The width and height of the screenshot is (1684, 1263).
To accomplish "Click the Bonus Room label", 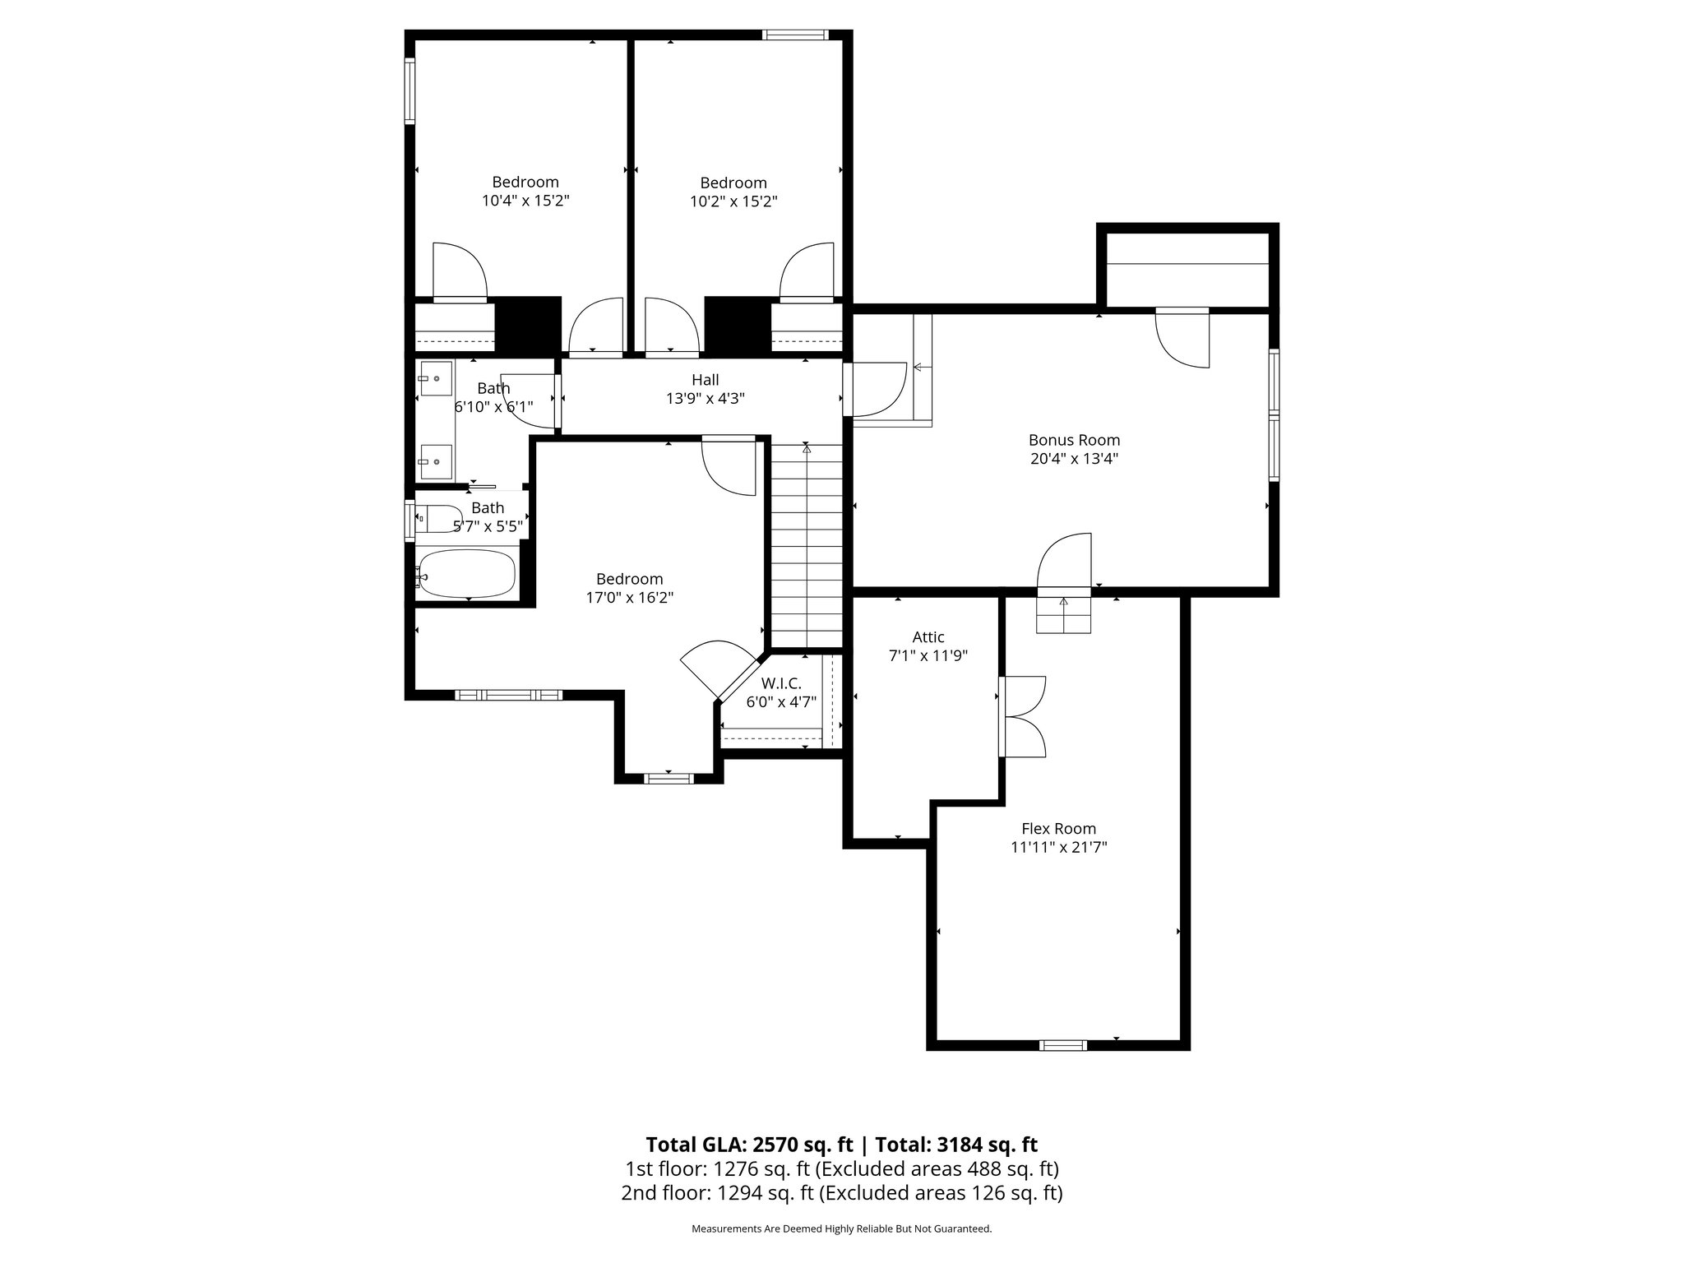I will point(1074,440).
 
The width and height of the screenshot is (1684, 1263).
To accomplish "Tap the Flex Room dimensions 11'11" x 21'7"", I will point(1059,848).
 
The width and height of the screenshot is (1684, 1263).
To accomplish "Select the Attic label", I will point(928,637).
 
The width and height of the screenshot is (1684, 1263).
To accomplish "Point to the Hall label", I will point(705,380).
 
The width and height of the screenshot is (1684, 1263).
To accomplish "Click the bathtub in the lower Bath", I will point(467,572).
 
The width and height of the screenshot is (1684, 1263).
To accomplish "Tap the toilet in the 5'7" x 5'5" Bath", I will point(439,519).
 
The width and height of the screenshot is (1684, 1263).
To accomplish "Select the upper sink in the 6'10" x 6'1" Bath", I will point(434,379).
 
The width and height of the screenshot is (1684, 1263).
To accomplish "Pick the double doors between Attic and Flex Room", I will point(1022,715).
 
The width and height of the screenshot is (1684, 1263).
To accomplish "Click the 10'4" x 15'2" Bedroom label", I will point(525,183).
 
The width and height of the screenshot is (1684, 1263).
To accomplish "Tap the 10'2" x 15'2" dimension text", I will point(733,201).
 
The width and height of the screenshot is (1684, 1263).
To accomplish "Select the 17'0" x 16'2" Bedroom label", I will point(629,579).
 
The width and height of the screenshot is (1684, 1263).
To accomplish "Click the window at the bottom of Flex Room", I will point(1062,1045).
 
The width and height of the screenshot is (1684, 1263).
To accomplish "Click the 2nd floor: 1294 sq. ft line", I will point(841,1193).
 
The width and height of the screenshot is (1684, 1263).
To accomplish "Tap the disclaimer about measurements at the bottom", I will point(841,1228).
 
